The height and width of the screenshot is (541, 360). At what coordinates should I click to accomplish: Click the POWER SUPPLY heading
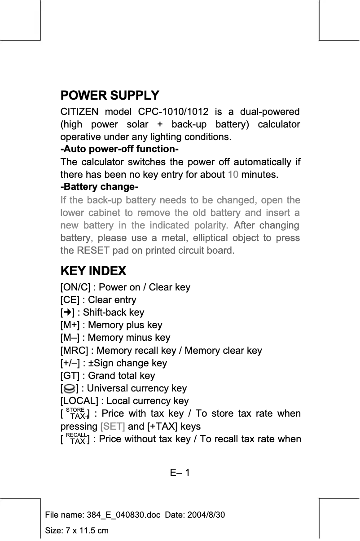coord(110,96)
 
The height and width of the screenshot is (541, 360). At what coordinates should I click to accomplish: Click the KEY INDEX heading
coord(93,271)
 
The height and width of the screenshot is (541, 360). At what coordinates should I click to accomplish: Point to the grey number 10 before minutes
coord(233,174)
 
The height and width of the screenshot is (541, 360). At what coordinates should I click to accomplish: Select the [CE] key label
coord(70,300)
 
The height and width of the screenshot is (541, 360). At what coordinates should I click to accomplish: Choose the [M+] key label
coord(71,325)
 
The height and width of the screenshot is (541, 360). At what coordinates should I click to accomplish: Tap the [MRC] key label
coord(74,351)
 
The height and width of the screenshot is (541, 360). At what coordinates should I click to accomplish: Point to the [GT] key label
coord(70,376)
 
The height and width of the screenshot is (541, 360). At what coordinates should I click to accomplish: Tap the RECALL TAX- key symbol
coord(76,439)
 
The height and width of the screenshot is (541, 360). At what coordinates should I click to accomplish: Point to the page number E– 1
coord(180,473)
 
